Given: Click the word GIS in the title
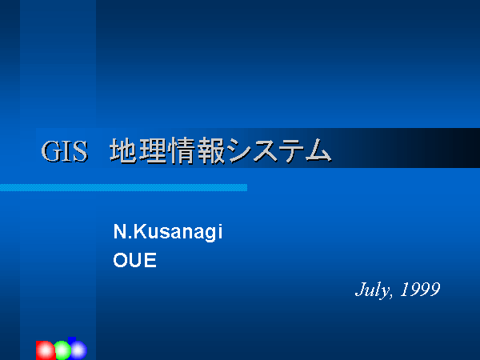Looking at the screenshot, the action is tap(65, 151).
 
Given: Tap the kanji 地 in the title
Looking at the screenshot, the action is tap(123, 150).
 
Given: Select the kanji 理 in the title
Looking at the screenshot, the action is tap(153, 150).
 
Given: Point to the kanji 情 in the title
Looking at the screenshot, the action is tap(182, 150).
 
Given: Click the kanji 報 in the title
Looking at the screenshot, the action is tap(211, 150).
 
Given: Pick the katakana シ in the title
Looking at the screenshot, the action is tap(239, 150).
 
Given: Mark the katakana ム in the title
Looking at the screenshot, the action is tap(318, 150).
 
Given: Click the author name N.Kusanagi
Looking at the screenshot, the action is tap(168, 232).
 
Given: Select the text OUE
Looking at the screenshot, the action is tap(134, 260).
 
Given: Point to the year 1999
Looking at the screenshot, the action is tap(420, 290).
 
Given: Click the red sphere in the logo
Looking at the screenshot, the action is tap(46, 350).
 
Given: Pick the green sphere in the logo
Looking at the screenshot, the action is tap(62, 350).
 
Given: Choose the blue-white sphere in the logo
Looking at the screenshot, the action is tap(78, 350).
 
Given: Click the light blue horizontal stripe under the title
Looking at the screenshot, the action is tap(123, 188).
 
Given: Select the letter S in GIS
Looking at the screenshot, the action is tap(81, 151).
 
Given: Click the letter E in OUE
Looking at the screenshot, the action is tap(150, 260).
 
